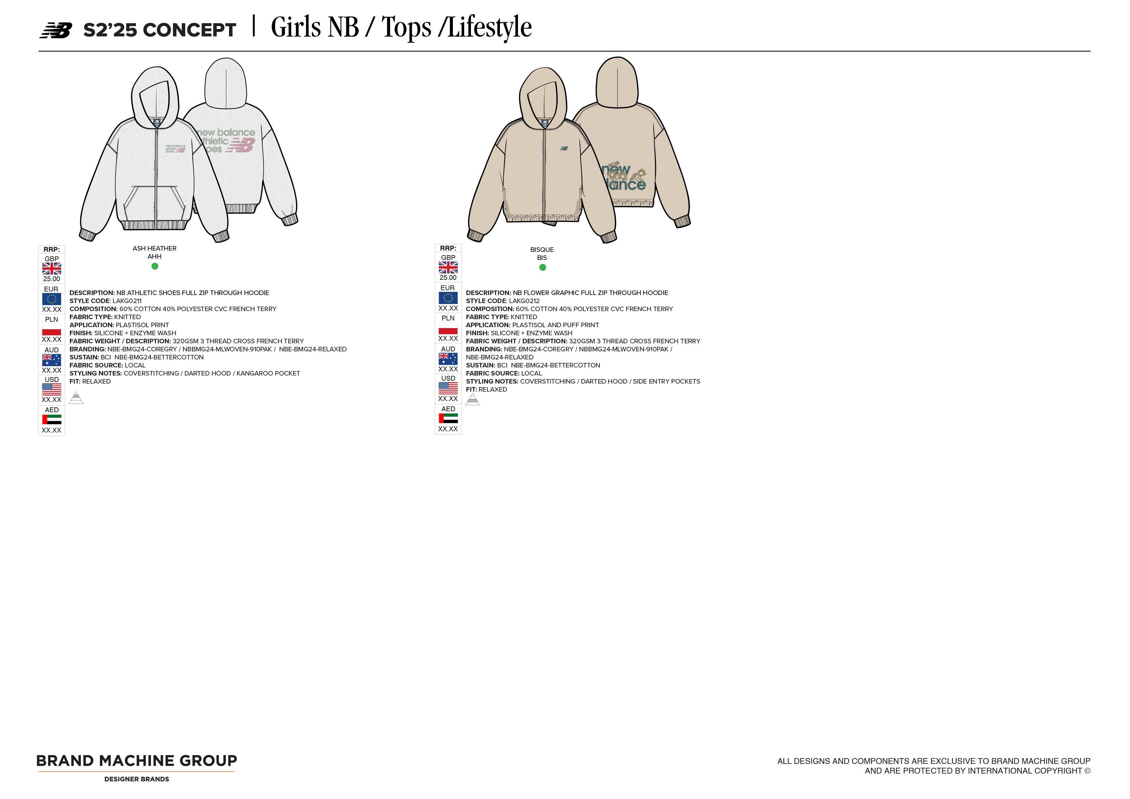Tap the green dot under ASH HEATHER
coord(155,266)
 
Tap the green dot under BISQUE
coord(542,268)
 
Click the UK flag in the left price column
coord(52,269)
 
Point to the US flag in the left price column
coord(52,389)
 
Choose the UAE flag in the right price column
coord(448,418)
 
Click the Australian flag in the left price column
coord(52,360)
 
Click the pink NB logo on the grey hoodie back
coord(242,145)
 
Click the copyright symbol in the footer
coord(1087,771)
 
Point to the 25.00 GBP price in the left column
coord(52,279)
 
